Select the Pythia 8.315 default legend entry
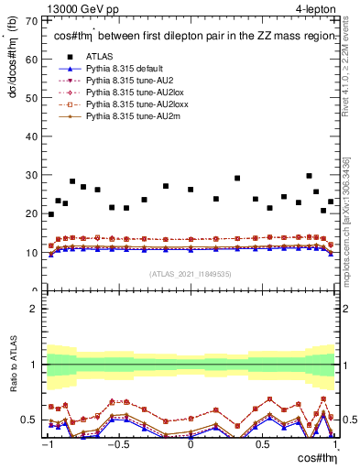123,70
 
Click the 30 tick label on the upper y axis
34,175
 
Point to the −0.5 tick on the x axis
118,444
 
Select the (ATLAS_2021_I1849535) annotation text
190,273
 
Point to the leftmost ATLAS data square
50,214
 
